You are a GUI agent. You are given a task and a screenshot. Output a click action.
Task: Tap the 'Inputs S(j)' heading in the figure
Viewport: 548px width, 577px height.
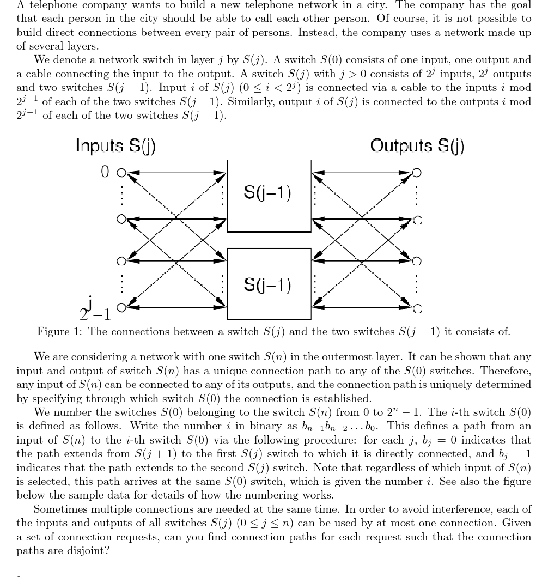[115, 146]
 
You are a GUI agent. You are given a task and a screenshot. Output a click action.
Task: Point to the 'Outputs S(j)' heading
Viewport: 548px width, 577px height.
[417, 146]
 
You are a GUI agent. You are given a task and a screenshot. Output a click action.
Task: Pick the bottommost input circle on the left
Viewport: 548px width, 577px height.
[122, 308]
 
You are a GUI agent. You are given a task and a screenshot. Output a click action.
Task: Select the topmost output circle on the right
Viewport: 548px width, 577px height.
[417, 173]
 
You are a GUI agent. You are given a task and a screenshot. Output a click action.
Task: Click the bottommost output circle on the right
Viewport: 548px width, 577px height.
[417, 309]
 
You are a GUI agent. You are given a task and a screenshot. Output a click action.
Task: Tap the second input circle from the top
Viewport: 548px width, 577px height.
[122, 220]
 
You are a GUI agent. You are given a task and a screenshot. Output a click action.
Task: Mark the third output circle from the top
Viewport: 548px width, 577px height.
[417, 260]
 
